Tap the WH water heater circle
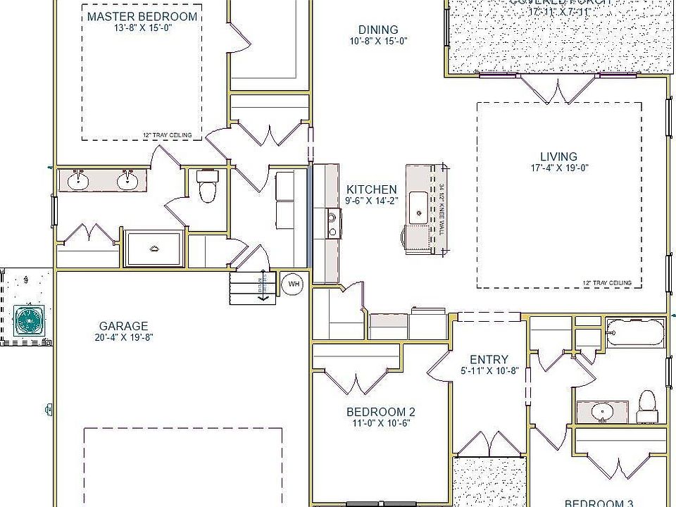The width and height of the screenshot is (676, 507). pos(293,284)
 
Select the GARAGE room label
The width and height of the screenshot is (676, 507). pos(123,326)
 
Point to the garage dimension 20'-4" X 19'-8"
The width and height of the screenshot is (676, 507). pos(123,337)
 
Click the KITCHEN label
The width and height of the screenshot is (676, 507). pos(371,189)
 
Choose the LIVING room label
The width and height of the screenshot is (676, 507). pos(558,156)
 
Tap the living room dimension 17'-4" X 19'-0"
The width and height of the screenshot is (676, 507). pos(558,168)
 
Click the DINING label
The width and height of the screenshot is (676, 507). pos(378,30)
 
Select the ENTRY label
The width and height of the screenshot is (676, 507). pos(489,360)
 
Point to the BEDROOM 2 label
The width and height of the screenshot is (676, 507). pos(381,412)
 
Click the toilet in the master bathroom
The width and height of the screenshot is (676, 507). pos(208,187)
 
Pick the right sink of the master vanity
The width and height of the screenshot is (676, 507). pos(127,182)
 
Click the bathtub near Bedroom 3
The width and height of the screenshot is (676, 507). pos(635,332)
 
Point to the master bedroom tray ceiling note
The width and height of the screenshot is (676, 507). pos(167,135)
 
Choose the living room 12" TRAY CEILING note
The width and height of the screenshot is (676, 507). pos(607,283)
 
